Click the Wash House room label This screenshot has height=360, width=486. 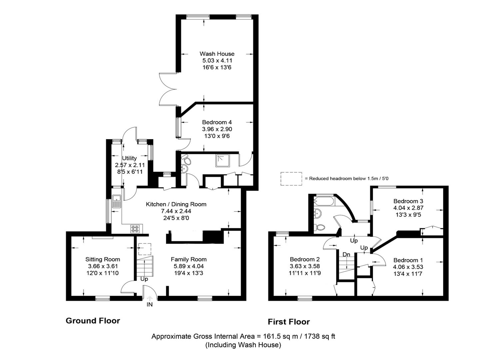(217, 54)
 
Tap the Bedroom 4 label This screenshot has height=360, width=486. (217, 122)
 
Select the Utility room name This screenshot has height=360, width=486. (129, 158)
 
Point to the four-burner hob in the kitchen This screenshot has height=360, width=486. (135, 229)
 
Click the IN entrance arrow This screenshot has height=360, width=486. (150, 299)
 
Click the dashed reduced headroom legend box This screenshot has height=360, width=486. (291, 179)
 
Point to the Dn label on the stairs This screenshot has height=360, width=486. (346, 255)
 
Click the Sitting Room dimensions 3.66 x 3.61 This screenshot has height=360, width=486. (103, 266)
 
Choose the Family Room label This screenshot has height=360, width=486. (189, 259)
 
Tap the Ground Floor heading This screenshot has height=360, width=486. (93, 321)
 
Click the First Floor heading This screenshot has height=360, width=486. (288, 322)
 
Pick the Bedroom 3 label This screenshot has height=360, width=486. (408, 201)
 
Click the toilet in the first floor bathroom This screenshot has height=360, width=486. (320, 227)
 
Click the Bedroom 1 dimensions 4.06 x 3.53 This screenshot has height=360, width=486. (408, 267)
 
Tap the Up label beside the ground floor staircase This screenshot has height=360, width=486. (144, 279)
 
